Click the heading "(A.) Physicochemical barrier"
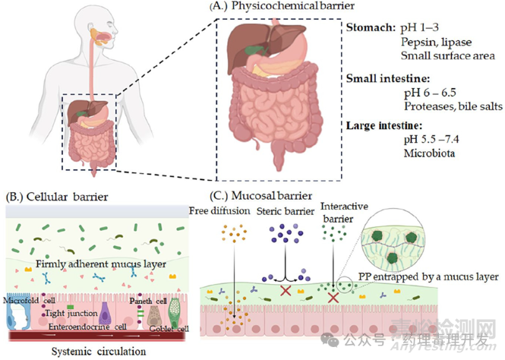(264, 8)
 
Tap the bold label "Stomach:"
(370, 29)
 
